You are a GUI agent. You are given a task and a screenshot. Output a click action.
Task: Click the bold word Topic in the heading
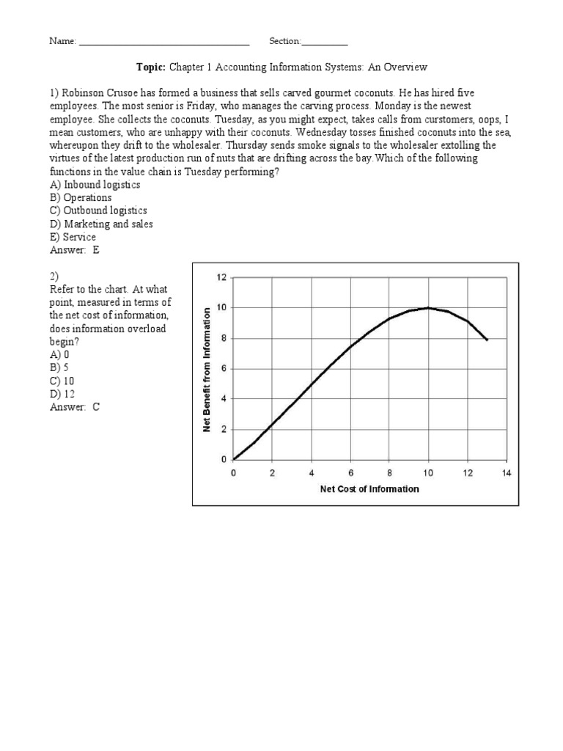tap(151, 67)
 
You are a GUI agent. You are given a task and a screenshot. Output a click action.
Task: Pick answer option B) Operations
tap(81, 198)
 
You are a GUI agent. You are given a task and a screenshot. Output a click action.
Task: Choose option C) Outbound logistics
tap(98, 211)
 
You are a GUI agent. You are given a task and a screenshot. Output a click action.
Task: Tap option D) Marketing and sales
tap(101, 224)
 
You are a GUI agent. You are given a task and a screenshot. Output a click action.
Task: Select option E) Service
tap(73, 238)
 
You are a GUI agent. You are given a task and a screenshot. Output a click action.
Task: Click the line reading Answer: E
tap(74, 251)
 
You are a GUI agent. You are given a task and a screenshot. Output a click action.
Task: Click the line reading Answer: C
tap(74, 408)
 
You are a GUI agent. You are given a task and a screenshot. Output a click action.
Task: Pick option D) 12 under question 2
tap(62, 395)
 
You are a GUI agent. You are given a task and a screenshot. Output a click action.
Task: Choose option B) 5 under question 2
tap(59, 368)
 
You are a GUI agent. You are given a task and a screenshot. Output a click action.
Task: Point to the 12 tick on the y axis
tap(222, 277)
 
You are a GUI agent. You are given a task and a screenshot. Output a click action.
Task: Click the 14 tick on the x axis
tap(506, 474)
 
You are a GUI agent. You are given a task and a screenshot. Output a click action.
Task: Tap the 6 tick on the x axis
tap(350, 474)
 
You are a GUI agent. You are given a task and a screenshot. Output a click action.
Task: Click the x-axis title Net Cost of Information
tap(369, 489)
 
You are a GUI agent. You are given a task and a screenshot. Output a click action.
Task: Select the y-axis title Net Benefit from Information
tap(207, 368)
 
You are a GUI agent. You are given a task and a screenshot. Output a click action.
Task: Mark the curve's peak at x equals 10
tap(428, 308)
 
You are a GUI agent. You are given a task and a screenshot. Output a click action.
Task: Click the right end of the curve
tap(487, 340)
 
